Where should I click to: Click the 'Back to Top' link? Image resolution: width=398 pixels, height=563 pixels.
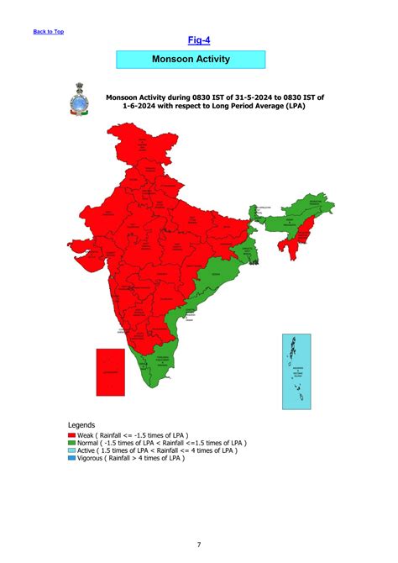pyautogui.click(x=48, y=32)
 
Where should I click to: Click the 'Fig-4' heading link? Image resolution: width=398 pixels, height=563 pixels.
pyautogui.click(x=198, y=39)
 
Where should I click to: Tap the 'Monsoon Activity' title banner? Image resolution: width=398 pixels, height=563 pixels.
pyautogui.click(x=191, y=60)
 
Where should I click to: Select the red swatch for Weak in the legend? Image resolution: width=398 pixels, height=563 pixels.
pyautogui.click(x=71, y=435)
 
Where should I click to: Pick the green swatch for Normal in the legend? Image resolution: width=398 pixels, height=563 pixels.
pyautogui.click(x=71, y=443)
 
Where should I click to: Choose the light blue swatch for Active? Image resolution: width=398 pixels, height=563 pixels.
pyautogui.click(x=71, y=450)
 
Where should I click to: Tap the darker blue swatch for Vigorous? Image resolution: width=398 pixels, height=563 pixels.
pyautogui.click(x=71, y=458)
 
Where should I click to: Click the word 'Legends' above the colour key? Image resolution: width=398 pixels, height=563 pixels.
pyautogui.click(x=81, y=425)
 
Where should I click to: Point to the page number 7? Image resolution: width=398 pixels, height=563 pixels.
pyautogui.click(x=199, y=545)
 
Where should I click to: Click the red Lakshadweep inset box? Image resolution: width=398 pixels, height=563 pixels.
pyautogui.click(x=111, y=371)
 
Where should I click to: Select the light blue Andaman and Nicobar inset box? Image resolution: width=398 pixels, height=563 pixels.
pyautogui.click(x=296, y=371)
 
